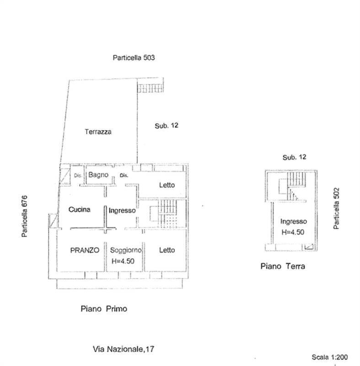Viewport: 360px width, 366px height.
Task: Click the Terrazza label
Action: click(x=98, y=132)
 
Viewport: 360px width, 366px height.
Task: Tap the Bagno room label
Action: click(x=98, y=175)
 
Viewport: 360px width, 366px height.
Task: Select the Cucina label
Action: click(x=79, y=210)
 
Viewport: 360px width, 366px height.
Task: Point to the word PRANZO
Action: click(x=85, y=250)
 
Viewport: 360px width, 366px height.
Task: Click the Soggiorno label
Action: click(x=126, y=250)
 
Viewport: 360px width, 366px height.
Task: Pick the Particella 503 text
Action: click(x=134, y=58)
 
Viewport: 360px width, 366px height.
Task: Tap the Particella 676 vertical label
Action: click(x=24, y=216)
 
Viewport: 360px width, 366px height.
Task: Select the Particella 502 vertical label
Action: click(x=336, y=209)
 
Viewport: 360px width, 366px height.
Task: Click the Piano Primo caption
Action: click(x=104, y=309)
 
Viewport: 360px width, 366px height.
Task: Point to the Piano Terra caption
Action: click(x=283, y=266)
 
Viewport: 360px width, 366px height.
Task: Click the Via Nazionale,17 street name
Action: click(x=124, y=349)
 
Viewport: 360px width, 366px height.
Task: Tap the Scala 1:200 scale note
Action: click(x=330, y=357)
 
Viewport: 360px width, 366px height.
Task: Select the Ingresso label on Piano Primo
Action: click(x=122, y=210)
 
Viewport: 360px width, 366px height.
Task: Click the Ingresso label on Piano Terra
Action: click(x=294, y=221)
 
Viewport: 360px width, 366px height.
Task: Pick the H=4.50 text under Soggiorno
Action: click(x=123, y=261)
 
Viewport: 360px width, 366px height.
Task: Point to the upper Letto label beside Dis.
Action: click(x=167, y=185)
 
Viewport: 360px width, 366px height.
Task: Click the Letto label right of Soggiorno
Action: click(x=167, y=250)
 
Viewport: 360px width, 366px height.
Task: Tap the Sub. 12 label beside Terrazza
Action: click(x=167, y=125)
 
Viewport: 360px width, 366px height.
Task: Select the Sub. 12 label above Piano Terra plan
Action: click(x=294, y=157)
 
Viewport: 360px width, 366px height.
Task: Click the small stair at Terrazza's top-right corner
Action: click(x=150, y=88)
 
